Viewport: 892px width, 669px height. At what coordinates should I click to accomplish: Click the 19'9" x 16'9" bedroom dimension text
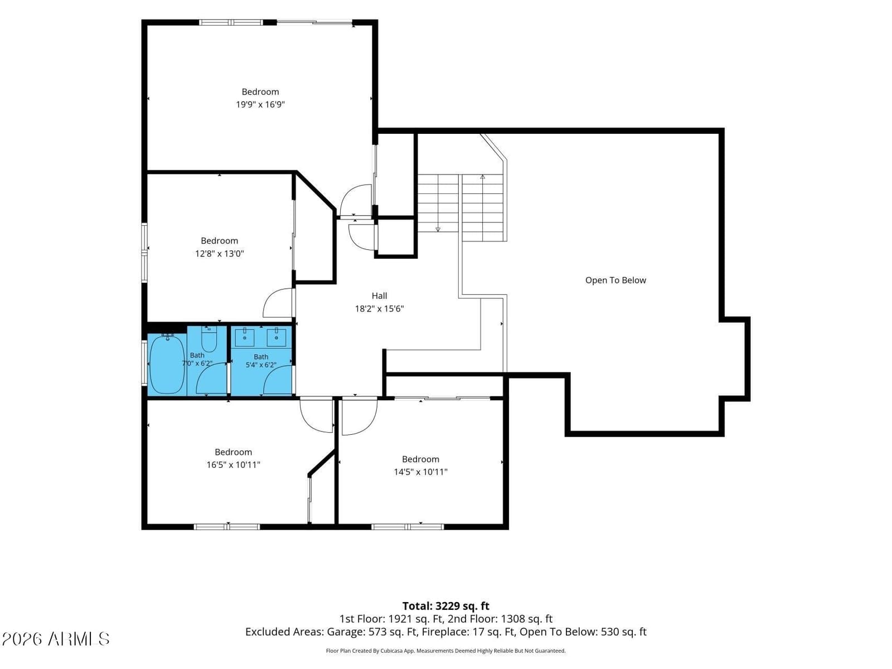(260, 104)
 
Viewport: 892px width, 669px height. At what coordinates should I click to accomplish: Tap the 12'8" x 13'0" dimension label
(220, 254)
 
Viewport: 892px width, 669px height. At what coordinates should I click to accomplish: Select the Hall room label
(379, 295)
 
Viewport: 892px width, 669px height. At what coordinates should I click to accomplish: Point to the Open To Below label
(615, 280)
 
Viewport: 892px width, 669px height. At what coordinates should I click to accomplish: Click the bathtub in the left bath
(167, 364)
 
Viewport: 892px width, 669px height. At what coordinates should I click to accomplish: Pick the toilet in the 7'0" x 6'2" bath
(209, 339)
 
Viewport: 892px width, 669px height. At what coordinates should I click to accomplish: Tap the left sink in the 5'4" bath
(245, 337)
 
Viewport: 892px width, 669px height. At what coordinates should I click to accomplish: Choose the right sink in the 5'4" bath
(277, 337)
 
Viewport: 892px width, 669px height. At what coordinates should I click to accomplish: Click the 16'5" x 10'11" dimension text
(233, 465)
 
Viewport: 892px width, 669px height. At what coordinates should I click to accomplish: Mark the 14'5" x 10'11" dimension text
(420, 472)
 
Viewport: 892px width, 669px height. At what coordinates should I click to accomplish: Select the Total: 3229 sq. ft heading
(446, 606)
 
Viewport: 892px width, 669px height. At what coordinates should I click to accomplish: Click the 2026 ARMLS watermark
(56, 639)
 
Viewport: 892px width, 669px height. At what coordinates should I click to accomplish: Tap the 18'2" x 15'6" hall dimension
(379, 309)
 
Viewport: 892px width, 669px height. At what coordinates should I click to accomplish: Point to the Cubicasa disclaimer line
(445, 651)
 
